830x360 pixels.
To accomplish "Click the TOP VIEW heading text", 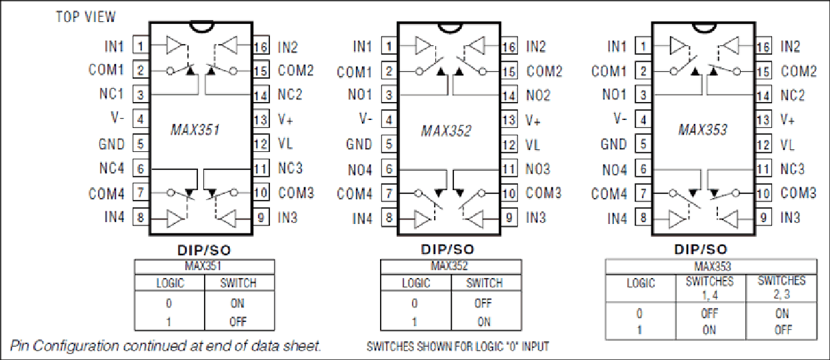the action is tap(85, 17).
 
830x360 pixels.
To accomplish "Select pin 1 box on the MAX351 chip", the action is tap(141, 46).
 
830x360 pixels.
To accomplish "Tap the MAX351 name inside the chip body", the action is tap(195, 129).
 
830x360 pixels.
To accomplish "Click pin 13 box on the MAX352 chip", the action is tap(509, 120).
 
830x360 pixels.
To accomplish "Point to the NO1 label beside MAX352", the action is tap(360, 95).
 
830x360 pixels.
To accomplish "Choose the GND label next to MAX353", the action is tap(613, 144).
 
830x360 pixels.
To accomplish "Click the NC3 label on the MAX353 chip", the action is tap(793, 169).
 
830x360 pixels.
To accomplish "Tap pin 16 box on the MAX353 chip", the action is tap(763, 47).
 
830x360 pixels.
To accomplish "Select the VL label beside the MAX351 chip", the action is tap(285, 143).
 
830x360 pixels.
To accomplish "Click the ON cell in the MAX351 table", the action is tap(237, 303).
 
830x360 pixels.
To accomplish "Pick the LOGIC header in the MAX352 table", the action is tap(416, 283).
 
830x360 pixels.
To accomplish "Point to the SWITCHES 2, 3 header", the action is tap(782, 287).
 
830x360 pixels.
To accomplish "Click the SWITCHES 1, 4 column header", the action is tap(709, 288).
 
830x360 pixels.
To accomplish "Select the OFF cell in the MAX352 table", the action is tap(483, 303).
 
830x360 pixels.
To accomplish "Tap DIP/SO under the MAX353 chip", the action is tap(701, 249).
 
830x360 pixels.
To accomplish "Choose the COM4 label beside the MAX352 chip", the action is tap(355, 193).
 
